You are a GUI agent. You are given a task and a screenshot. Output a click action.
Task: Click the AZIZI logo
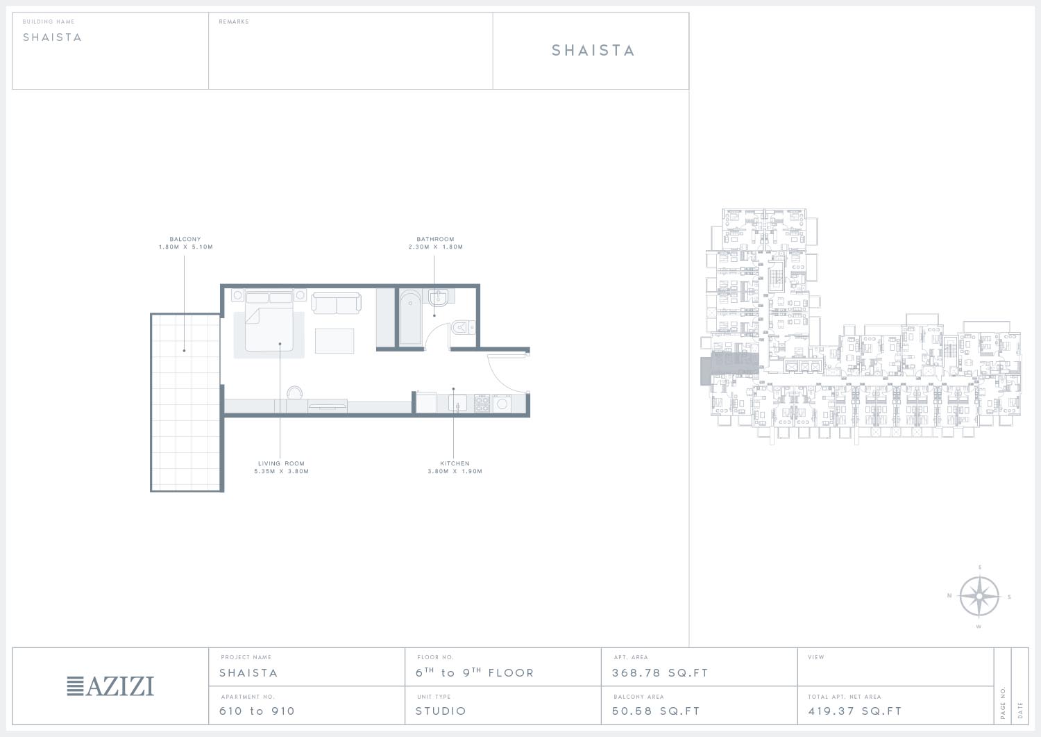tap(110, 686)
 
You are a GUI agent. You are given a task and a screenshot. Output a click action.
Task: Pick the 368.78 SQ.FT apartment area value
tap(660, 673)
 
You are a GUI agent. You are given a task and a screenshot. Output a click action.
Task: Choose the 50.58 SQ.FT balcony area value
tap(656, 711)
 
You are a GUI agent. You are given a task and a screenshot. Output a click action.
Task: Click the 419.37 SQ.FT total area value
tap(854, 711)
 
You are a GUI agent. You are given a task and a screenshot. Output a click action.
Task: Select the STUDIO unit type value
tap(441, 711)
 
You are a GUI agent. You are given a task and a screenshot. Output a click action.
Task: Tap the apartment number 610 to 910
tap(257, 711)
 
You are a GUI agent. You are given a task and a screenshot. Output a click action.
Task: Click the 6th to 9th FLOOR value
tap(475, 672)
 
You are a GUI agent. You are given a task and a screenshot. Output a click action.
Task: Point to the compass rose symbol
tap(979, 597)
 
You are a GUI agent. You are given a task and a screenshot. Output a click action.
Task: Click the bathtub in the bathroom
tap(410, 318)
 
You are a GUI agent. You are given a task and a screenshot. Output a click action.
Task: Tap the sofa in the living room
tap(336, 303)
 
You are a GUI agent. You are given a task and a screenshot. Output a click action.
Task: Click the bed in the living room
tap(269, 321)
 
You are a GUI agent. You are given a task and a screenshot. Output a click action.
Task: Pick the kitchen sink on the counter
tap(457, 403)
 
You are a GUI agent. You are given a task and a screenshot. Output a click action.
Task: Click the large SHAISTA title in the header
tap(593, 50)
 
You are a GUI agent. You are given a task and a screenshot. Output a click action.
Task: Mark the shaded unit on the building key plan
tap(729, 368)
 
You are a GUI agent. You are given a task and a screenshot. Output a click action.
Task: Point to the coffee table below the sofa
tap(334, 340)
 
